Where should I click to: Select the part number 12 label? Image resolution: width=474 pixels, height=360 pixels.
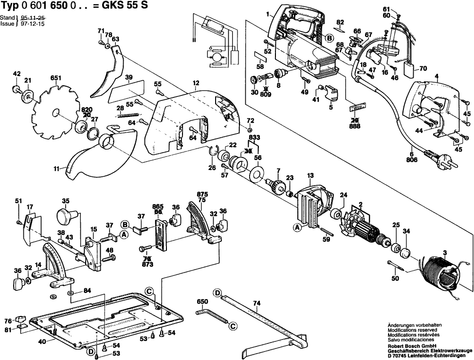click(x=195, y=84)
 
